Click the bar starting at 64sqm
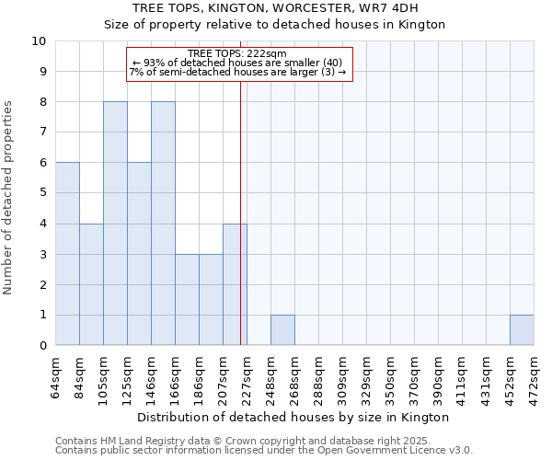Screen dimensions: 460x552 [67, 254]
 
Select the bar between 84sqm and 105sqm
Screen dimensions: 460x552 [91, 284]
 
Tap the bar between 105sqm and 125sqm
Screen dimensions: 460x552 [115, 224]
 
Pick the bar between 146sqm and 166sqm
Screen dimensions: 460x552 [163, 224]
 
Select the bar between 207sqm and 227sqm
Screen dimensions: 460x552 [235, 284]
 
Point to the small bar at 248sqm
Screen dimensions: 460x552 [282, 330]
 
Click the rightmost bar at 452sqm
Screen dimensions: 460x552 [522, 330]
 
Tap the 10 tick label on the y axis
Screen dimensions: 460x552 [39, 41]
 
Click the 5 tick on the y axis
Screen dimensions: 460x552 [42, 193]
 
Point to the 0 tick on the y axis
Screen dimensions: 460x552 [42, 346]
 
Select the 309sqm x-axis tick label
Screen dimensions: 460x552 [343, 377]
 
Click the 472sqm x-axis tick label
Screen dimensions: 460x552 [535, 377]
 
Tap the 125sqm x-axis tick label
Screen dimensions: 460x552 [128, 377]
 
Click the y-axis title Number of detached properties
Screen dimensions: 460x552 [9, 198]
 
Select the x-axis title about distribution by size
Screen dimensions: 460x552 [293, 417]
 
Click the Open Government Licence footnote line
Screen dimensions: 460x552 [264, 451]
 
